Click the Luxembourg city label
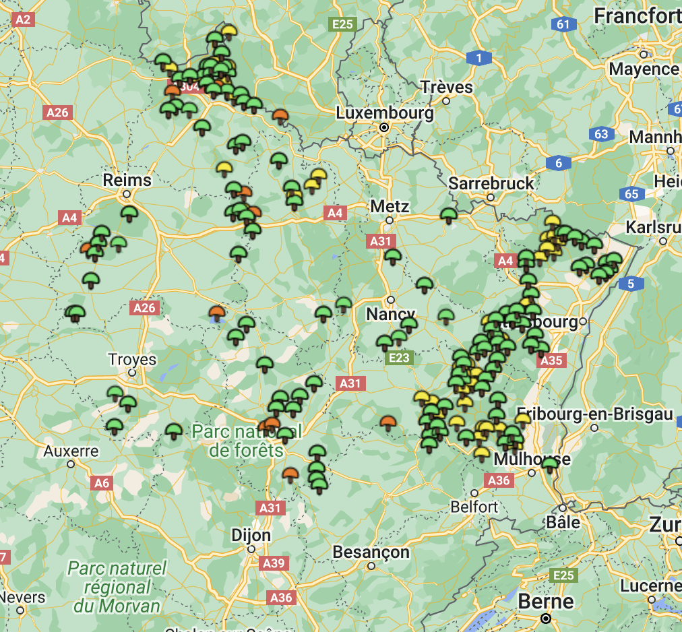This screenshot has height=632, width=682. point(385,113)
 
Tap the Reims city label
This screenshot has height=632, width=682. point(127,180)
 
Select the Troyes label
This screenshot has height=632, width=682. point(132,359)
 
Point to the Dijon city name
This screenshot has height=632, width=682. point(251,536)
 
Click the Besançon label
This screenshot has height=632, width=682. point(371,552)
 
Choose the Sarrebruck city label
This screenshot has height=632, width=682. point(491,183)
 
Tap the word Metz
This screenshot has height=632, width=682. point(390,206)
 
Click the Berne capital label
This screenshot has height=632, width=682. point(546,601)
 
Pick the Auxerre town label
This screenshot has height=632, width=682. point(71,451)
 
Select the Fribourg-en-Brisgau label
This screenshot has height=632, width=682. point(595,414)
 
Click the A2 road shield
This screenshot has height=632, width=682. point(23,20)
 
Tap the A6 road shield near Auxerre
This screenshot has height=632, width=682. point(101,483)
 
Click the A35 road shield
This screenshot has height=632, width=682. point(551,360)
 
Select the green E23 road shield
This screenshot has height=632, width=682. point(399,358)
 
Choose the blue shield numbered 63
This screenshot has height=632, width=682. point(601,134)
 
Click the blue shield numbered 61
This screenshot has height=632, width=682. point(563,25)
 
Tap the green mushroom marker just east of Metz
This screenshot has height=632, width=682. point(449,216)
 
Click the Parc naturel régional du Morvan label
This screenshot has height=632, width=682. point(117,586)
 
